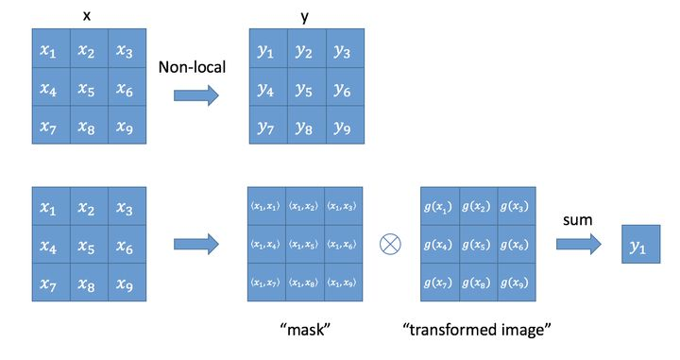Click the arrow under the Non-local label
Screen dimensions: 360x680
[196, 94]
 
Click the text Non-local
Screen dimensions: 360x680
[196, 67]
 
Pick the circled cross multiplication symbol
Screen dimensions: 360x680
[387, 245]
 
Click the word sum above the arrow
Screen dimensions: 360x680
[576, 219]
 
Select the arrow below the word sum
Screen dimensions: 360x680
[577, 245]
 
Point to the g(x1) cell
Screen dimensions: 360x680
[437, 207]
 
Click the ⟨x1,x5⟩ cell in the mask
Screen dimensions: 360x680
[304, 245]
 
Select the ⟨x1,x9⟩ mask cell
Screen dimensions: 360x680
[343, 282]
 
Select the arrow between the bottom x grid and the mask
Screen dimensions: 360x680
[196, 245]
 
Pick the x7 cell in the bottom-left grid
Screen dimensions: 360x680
[49, 282]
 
